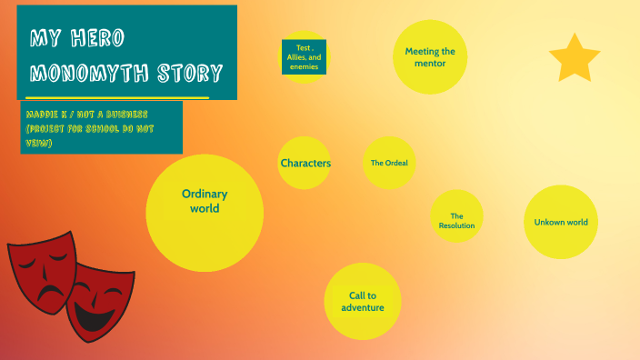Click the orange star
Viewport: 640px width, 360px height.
coord(575,59)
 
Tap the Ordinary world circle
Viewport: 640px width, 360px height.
coord(205,213)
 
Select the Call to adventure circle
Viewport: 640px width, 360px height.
coord(363,301)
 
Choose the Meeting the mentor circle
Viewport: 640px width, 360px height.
coord(429,57)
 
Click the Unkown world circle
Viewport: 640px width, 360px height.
coord(561,222)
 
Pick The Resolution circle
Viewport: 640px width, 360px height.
coord(456,217)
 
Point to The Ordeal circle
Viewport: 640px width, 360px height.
coord(389,163)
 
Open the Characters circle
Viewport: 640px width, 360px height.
coord(305,163)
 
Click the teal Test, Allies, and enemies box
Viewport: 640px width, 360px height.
coord(304,56)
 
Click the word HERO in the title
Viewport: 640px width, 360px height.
coord(95,38)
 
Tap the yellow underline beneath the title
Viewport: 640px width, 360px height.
coord(118,96)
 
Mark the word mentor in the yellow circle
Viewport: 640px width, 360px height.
coord(429,64)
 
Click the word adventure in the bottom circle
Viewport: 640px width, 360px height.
coord(363,307)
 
